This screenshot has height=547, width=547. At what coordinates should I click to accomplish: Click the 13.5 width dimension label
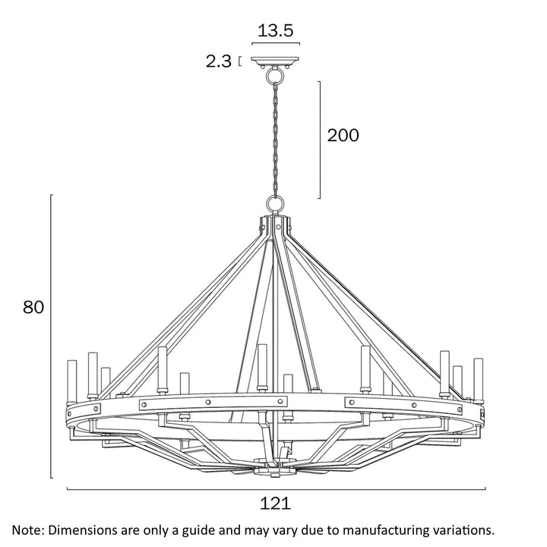pyautogui.click(x=275, y=30)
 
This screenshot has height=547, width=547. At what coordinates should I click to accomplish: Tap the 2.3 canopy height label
pyautogui.click(x=218, y=62)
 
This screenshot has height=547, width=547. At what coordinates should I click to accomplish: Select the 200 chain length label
pyautogui.click(x=343, y=135)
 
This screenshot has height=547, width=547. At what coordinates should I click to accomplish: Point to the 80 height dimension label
pyautogui.click(x=33, y=307)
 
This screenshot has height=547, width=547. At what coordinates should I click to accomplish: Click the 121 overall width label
pyautogui.click(x=275, y=504)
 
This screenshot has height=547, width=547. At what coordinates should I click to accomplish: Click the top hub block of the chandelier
pyautogui.click(x=275, y=226)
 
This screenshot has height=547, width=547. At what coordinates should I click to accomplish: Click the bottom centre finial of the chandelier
pyautogui.click(x=275, y=470)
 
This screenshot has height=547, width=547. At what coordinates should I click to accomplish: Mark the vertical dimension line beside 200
pyautogui.click(x=319, y=137)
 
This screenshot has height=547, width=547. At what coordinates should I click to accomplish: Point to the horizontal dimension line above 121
pyautogui.click(x=275, y=489)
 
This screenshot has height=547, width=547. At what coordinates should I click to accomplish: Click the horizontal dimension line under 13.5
pyautogui.click(x=275, y=44)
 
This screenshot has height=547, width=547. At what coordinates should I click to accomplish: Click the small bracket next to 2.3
pyautogui.click(x=241, y=62)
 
